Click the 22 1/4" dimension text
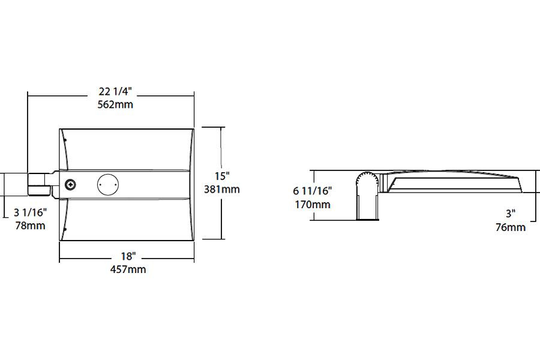click(x=115, y=91)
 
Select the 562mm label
click(x=115, y=104)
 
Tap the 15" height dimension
click(x=222, y=176)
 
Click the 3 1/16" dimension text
click(x=30, y=212)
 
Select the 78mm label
click(x=30, y=226)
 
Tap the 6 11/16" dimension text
click(x=313, y=191)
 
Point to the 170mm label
click(x=312, y=205)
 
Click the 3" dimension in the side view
click(x=511, y=214)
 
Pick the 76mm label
click(x=511, y=227)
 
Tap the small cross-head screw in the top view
click(x=70, y=184)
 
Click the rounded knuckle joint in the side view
click(x=367, y=182)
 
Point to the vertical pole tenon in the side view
click(x=367, y=208)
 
